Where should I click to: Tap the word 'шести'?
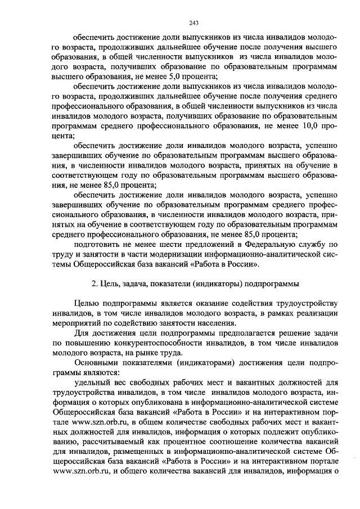click(163, 245)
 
